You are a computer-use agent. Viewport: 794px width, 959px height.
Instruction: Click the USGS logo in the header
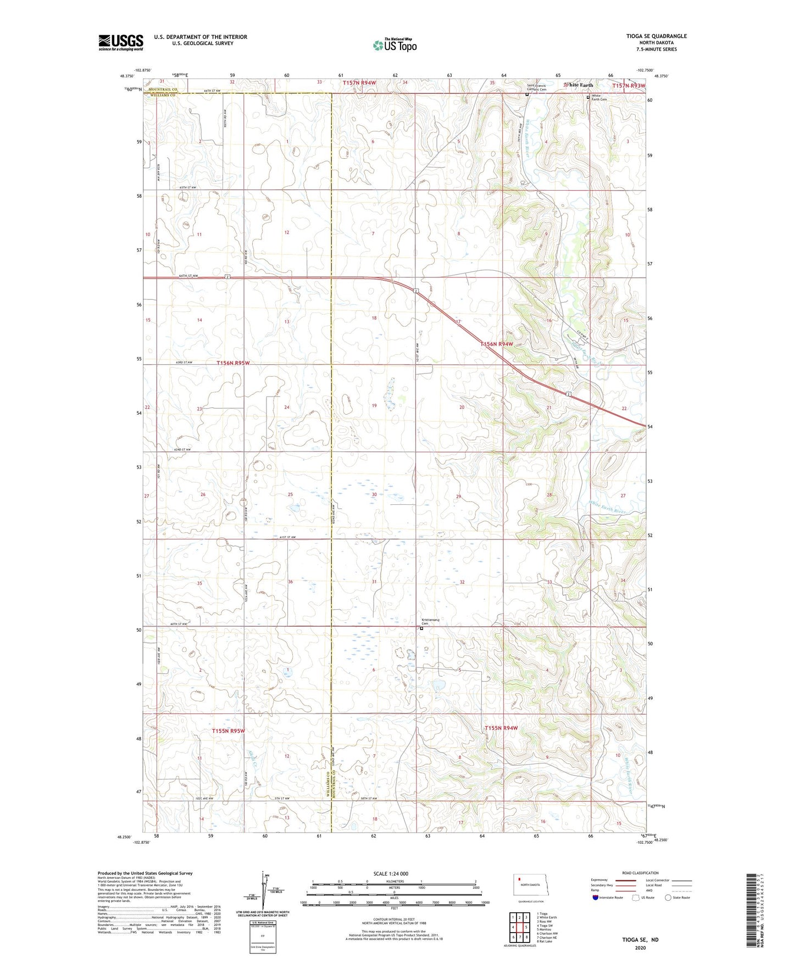coord(120,42)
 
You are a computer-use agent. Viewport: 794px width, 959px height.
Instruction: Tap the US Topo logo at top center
coord(395,45)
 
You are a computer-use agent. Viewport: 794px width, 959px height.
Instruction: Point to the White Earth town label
coord(580,85)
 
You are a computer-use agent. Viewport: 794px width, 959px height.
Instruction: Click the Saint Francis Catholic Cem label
coord(536,87)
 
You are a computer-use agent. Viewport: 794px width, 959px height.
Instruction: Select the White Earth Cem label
coord(599,97)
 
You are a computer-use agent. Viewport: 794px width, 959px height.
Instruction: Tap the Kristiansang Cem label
coord(430,622)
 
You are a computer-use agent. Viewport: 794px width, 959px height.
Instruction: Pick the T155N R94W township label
coord(501,728)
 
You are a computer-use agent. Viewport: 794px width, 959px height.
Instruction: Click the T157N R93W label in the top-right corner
coord(629,86)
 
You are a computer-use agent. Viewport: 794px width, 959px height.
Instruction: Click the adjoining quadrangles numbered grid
coord(519,927)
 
